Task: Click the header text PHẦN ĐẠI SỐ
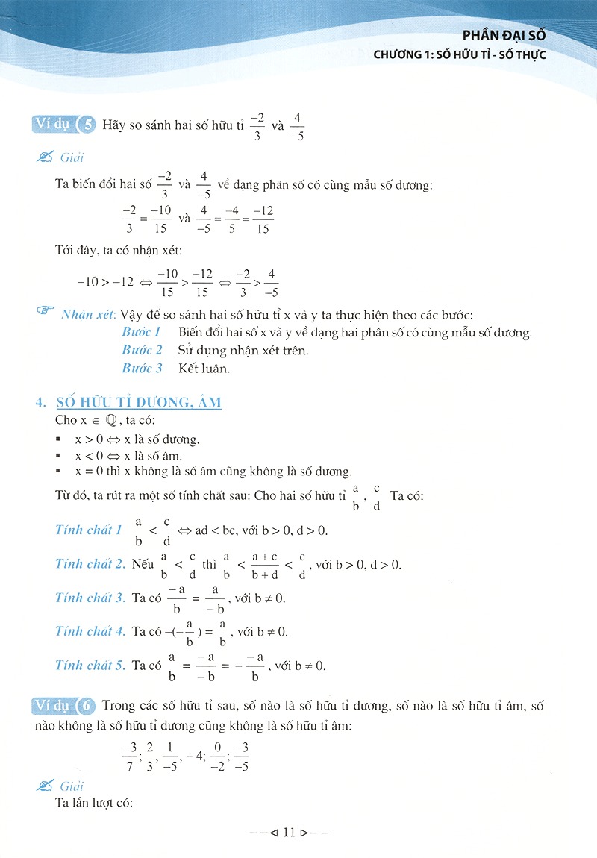point(504,35)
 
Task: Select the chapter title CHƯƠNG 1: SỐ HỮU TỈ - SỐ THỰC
point(460,55)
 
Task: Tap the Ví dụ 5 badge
point(65,125)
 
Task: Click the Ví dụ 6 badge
point(65,705)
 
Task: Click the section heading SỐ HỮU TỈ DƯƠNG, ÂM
point(139,403)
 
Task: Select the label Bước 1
point(142,332)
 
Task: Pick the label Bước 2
point(142,350)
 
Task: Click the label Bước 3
point(142,368)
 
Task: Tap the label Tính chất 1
point(89,530)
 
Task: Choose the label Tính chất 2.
point(90,564)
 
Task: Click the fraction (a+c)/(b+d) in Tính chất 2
point(265,565)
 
